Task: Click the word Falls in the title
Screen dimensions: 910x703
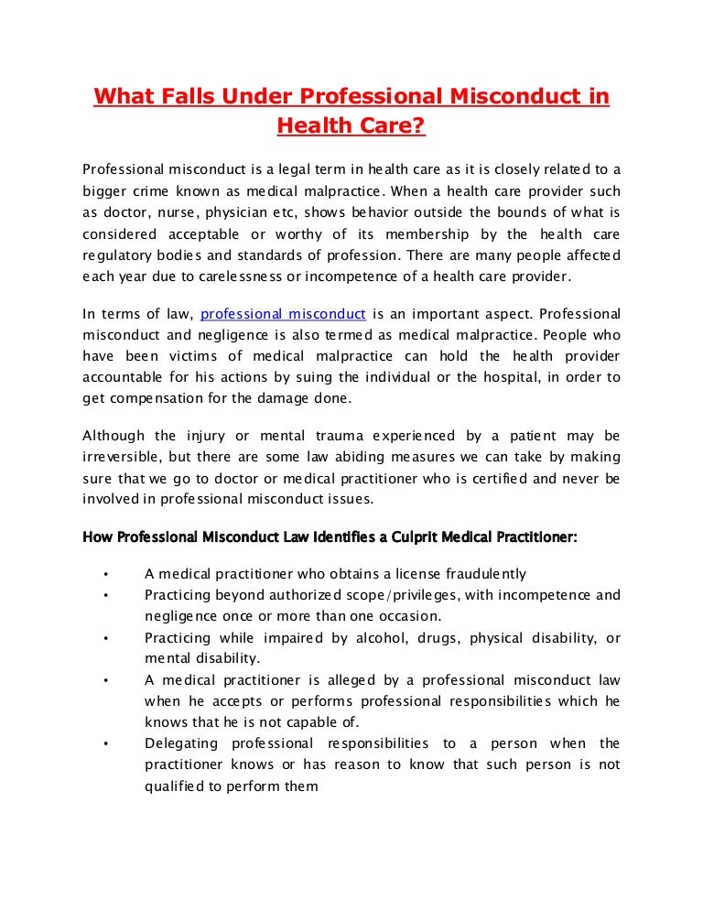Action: click(183, 96)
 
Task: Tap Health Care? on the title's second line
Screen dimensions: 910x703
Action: click(351, 127)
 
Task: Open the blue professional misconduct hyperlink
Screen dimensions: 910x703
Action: click(283, 314)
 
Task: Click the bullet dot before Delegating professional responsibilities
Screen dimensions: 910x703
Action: click(107, 743)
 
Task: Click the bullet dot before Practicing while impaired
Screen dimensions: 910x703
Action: click(107, 637)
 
